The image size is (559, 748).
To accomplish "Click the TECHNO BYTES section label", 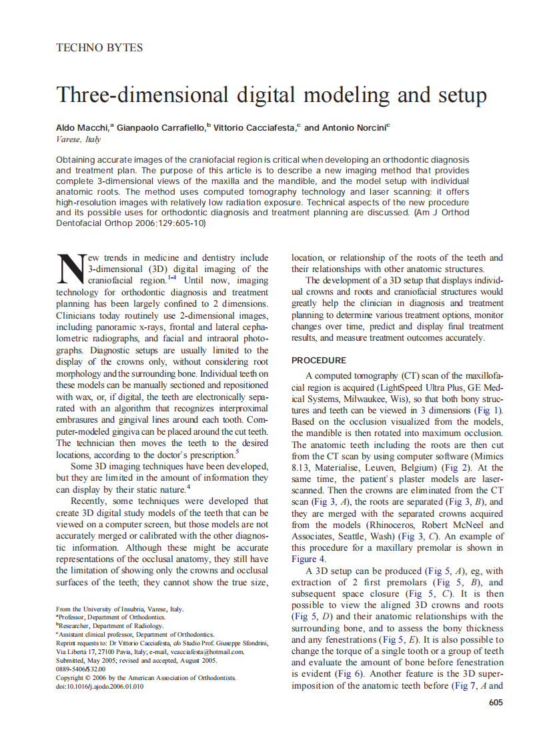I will tap(99, 48).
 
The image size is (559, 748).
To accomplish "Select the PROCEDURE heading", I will tap(319, 360).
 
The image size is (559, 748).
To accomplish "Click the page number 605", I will tap(496, 702).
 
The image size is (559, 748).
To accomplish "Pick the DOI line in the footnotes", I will tap(99, 687).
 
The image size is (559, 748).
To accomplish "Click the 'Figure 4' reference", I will tap(309, 559).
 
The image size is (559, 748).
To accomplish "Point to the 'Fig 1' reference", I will tap(490, 411).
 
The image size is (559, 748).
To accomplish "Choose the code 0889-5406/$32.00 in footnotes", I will tap(81, 669).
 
